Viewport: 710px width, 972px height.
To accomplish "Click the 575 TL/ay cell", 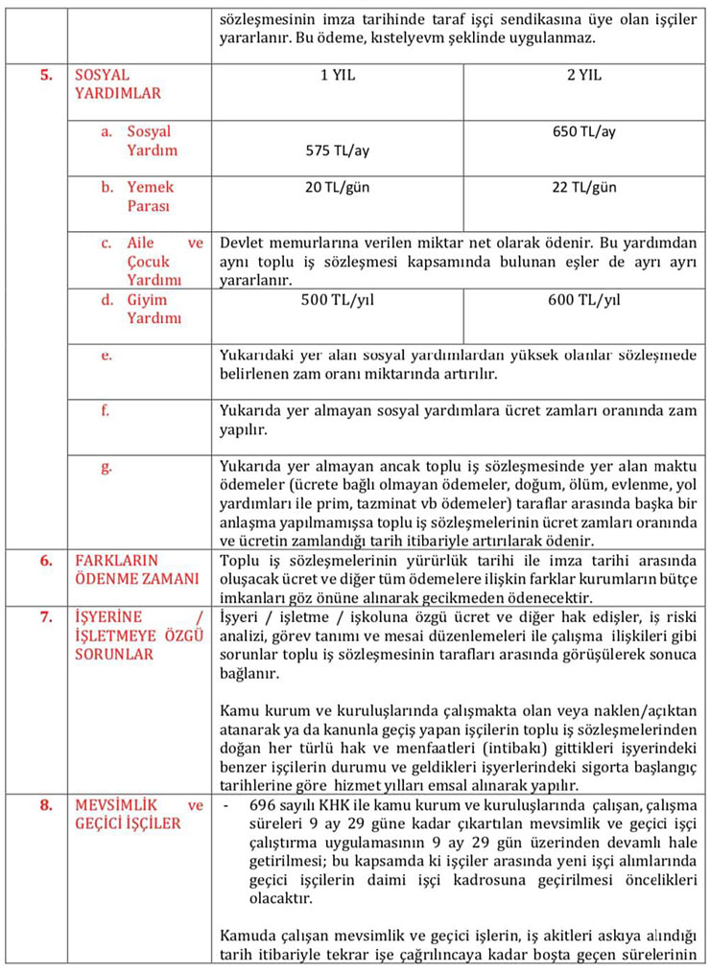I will coord(338,150).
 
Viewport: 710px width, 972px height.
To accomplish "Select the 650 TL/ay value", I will coord(583,131).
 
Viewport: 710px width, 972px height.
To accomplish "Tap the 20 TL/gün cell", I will coord(338,187).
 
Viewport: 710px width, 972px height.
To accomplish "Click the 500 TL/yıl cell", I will coord(338,300).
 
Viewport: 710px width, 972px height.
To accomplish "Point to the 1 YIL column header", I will coord(338,75).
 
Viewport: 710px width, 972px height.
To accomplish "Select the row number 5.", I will coord(45,75).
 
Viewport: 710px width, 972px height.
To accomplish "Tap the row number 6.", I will coord(45,560).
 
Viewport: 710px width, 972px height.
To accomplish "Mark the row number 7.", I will coord(45,615).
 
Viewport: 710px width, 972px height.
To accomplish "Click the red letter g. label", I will coord(107,467).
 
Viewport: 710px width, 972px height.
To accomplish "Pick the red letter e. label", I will coord(106,355).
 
